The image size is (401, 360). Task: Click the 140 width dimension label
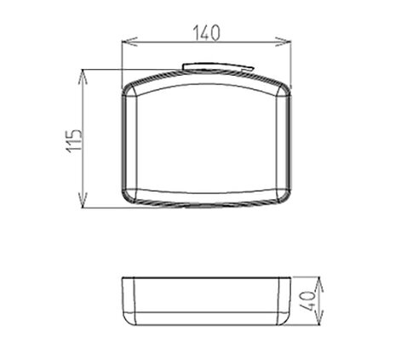click(207, 32)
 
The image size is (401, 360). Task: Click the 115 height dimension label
click(75, 141)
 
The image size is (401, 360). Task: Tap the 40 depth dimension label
click(308, 301)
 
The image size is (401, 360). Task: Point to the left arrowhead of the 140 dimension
click(129, 42)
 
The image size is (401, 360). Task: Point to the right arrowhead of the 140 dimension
click(284, 42)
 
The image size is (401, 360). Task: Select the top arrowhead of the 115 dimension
click(83, 77)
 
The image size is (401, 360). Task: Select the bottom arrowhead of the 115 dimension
click(83, 200)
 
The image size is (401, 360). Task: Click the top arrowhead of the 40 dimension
click(319, 284)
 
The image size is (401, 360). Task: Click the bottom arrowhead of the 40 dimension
click(319, 317)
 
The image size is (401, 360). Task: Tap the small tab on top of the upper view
click(218, 67)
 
